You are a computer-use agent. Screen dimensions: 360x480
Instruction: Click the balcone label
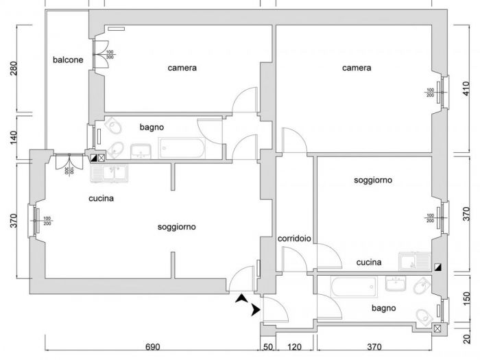point(68,60)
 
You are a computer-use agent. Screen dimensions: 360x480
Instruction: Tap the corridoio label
point(294,239)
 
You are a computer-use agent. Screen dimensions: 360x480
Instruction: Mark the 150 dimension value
point(466,300)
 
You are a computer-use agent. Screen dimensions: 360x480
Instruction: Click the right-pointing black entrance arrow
point(256,310)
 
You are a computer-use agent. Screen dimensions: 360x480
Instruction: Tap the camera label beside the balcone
point(182,68)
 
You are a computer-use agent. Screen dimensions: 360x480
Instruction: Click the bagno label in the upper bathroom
point(151,127)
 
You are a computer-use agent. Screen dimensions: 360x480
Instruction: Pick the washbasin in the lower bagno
point(396,283)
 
